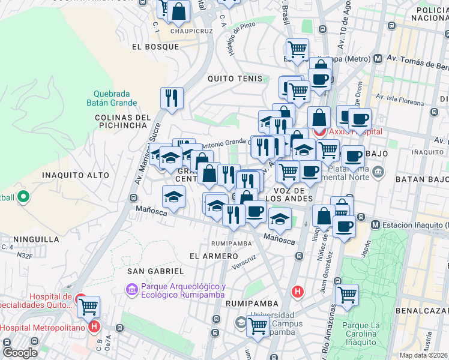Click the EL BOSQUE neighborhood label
[155, 47]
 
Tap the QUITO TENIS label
[235, 79]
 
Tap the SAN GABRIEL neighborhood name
[155, 272]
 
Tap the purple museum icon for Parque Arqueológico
[131, 290]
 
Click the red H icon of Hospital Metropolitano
[94, 327]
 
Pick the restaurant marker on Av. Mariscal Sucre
[172, 98]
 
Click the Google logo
[20, 353]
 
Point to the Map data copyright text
[424, 355]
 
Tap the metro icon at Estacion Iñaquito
[375, 225]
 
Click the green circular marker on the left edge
[23, 196]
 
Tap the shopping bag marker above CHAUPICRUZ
[178, 10]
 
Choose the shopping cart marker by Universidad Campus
[258, 326]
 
